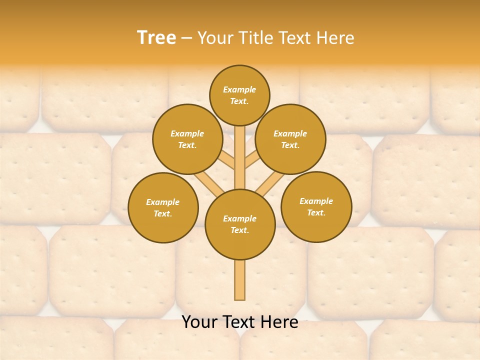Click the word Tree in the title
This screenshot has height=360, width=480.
pyautogui.click(x=156, y=38)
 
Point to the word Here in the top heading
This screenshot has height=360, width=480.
pyautogui.click(x=336, y=38)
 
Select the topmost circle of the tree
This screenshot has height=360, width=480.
pyautogui.click(x=239, y=95)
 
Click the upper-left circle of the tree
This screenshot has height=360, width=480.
pyautogui.click(x=187, y=139)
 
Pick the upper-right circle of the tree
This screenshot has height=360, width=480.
pyautogui.click(x=290, y=139)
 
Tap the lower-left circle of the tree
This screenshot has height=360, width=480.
pyautogui.click(x=163, y=207)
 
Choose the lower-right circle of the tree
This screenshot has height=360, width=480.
pyautogui.click(x=316, y=206)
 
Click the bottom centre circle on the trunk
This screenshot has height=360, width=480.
pyautogui.click(x=240, y=224)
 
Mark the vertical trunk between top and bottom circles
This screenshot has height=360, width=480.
pyautogui.click(x=240, y=157)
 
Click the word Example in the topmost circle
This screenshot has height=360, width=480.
pyautogui.click(x=239, y=89)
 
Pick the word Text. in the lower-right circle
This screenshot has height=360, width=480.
pyautogui.click(x=316, y=212)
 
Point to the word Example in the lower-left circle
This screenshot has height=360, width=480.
pyautogui.click(x=162, y=202)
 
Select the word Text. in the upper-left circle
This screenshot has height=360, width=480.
pyautogui.click(x=187, y=145)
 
